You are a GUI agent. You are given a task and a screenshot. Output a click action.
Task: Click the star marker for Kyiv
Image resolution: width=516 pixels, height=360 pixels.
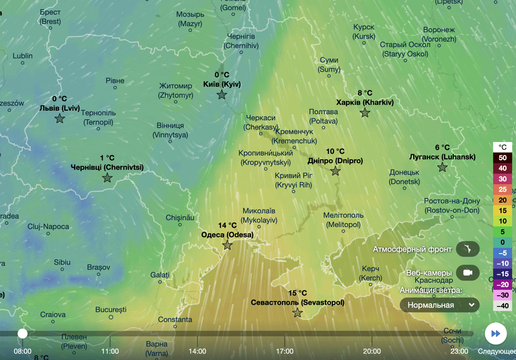[x=222, y=95]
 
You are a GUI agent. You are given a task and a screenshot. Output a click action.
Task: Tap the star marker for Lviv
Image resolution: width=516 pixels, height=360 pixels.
[x=60, y=119]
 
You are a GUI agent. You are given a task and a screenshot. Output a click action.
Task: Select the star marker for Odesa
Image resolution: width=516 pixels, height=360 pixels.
[x=228, y=245]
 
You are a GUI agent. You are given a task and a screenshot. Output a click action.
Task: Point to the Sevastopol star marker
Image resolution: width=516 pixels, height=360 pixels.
[x=297, y=313]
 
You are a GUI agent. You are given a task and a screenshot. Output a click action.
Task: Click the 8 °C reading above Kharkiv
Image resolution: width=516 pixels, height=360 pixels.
[x=364, y=93]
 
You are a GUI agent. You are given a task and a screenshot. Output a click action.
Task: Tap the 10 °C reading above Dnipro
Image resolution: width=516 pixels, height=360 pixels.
[x=335, y=151]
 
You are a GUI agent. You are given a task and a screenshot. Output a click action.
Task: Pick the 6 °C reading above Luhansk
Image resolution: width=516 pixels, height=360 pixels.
[x=442, y=148]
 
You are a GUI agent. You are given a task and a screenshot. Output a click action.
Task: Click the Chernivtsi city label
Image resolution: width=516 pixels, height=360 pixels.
[x=107, y=167]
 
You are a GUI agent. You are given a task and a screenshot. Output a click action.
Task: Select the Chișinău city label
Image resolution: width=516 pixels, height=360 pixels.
[x=180, y=218]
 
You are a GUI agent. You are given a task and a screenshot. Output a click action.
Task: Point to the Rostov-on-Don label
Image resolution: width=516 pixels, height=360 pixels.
[x=452, y=206]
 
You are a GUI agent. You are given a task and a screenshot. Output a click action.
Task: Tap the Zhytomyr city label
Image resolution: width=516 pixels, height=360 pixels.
[x=176, y=90]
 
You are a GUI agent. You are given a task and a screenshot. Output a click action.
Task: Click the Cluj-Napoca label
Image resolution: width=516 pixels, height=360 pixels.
[x=48, y=227]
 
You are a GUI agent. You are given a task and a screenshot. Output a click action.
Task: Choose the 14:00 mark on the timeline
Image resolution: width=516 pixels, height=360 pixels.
[x=197, y=351]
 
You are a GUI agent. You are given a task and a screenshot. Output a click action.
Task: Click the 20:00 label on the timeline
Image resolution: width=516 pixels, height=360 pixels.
[x=372, y=351]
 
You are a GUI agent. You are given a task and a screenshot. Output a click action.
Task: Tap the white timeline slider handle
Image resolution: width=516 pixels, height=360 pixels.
[x=23, y=333]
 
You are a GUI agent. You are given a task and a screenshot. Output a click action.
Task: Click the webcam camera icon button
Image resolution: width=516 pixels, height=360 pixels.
[x=467, y=273]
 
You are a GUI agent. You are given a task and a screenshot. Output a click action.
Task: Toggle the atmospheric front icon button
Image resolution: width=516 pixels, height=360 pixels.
[x=467, y=249]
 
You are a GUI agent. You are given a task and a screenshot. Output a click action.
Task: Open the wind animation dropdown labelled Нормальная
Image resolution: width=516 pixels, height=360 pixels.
[x=440, y=305]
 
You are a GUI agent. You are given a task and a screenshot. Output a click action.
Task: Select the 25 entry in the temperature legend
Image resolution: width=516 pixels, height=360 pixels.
[x=502, y=190]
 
